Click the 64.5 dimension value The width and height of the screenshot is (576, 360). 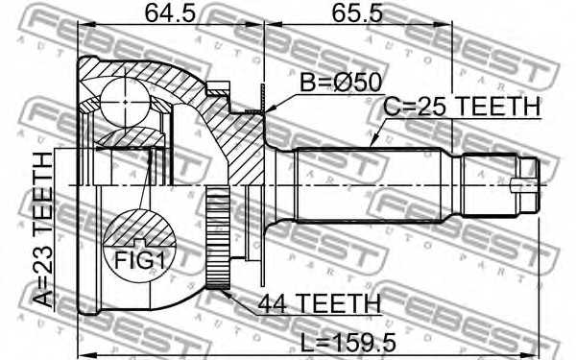170,13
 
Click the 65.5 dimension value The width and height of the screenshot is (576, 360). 357,13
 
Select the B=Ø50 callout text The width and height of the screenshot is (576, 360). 341,83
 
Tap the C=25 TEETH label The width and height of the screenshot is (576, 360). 462,107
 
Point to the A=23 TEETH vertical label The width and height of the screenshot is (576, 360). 43,230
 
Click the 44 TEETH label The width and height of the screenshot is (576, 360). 320,303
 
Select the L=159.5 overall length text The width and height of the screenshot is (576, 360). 348,343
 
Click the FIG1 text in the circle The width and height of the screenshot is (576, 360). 139,260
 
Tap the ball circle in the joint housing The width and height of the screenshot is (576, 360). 125,102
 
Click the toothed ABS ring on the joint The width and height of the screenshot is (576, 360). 218,237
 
